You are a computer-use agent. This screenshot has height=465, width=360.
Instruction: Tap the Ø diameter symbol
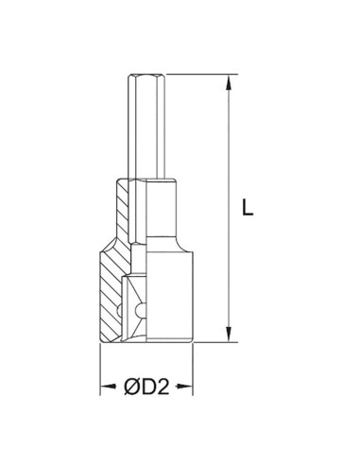(132, 387)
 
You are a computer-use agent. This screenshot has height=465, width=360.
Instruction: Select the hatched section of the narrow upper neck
(124, 208)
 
